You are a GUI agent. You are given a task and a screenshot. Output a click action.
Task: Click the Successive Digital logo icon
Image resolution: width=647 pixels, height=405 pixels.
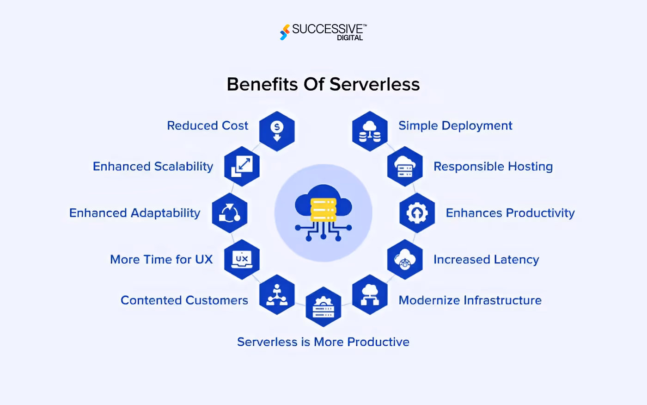(x=285, y=32)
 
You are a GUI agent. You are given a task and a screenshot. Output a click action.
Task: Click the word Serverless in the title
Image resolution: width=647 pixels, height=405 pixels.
(x=375, y=84)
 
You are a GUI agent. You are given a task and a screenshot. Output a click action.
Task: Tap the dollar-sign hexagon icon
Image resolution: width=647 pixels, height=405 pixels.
(x=277, y=131)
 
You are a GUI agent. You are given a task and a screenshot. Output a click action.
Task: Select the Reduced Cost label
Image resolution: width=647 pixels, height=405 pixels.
(x=208, y=125)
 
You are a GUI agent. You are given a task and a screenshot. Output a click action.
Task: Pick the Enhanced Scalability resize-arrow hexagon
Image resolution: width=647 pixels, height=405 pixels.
(x=242, y=166)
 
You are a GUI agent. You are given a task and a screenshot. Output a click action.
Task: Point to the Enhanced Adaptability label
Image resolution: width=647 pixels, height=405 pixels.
(x=134, y=213)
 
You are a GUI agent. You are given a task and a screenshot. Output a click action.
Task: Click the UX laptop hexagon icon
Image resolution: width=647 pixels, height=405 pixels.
(x=242, y=260)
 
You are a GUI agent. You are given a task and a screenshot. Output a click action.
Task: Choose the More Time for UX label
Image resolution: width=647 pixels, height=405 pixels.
(x=161, y=260)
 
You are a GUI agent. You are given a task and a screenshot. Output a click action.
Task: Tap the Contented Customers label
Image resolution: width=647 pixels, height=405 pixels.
(x=184, y=300)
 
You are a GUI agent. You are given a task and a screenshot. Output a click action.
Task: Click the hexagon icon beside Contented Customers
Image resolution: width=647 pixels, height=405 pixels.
(x=277, y=294)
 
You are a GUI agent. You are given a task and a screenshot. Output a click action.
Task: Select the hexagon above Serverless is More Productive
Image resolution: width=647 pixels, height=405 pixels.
(x=323, y=306)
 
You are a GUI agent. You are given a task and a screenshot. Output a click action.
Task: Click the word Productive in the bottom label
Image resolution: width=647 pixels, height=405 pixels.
(x=378, y=342)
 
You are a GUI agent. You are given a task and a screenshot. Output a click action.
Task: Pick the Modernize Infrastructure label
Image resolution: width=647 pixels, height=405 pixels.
(x=470, y=300)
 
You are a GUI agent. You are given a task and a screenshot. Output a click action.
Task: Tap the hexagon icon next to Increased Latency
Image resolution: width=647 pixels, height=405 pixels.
(x=405, y=260)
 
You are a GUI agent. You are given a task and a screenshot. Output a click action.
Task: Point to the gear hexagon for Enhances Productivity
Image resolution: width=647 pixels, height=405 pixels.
(x=417, y=213)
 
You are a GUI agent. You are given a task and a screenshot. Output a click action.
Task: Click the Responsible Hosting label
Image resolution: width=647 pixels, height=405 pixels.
(x=494, y=167)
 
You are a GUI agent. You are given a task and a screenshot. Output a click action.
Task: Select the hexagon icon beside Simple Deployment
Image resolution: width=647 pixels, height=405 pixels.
(x=370, y=131)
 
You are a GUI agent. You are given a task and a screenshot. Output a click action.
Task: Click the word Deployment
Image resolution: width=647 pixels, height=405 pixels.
(x=477, y=126)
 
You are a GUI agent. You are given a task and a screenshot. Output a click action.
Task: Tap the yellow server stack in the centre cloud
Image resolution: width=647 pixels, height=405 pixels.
(x=323, y=210)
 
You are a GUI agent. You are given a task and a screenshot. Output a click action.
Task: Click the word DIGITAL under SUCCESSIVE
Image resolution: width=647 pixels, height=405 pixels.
(x=350, y=38)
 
